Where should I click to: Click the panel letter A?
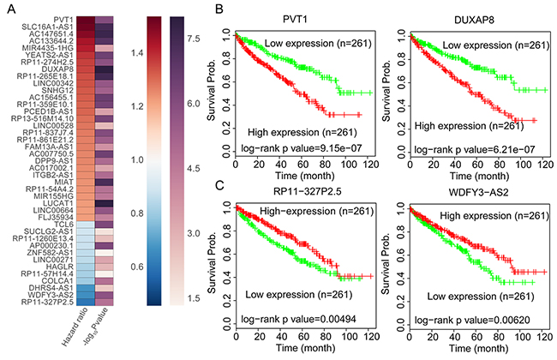(7, 8)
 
